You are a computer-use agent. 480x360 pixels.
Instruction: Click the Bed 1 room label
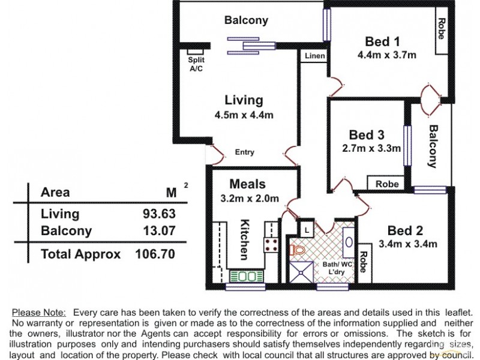[x=382, y=41]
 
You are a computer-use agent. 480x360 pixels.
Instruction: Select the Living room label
[x=244, y=100]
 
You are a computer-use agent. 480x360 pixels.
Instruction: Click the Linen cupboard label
[x=315, y=56]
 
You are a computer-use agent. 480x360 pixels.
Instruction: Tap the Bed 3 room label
[x=366, y=134]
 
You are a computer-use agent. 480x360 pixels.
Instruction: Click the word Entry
[x=244, y=152]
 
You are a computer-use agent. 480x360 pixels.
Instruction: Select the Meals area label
[x=247, y=184]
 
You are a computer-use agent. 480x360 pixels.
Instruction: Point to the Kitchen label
[x=244, y=239]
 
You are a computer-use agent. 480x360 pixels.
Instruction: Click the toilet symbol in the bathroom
[x=298, y=248]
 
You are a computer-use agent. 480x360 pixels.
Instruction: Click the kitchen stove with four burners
[x=271, y=245]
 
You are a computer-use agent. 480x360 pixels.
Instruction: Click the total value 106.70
[x=155, y=254]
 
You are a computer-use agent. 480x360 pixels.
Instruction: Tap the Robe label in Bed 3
[x=387, y=184]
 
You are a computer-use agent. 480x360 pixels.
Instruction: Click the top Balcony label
[x=246, y=20]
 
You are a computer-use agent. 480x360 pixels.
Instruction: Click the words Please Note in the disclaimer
[x=40, y=313]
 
